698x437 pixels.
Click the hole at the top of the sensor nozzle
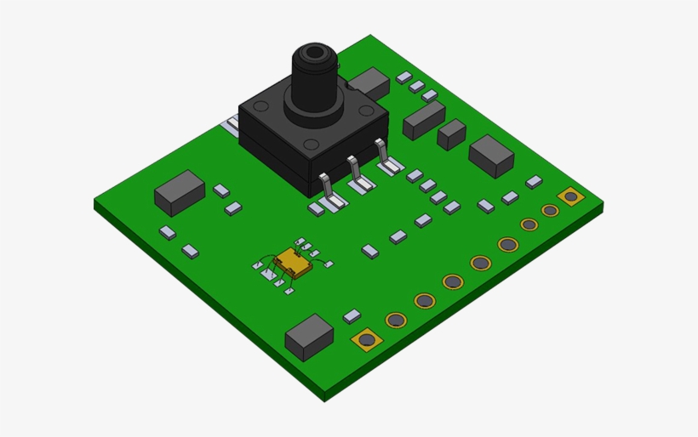point(316,54)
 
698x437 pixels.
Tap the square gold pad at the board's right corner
point(569,197)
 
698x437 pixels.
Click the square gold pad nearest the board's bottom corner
point(367,340)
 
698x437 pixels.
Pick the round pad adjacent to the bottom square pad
point(396,321)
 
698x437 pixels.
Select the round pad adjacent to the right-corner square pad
point(551,210)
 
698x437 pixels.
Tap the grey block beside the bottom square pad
point(309,337)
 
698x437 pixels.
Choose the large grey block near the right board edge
point(491,155)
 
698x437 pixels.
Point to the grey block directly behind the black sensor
point(369,82)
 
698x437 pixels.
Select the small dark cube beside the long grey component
point(451,133)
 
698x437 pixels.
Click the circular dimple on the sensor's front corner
point(312,144)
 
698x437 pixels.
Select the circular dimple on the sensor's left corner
point(261,107)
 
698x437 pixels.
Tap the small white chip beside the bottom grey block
point(352,315)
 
